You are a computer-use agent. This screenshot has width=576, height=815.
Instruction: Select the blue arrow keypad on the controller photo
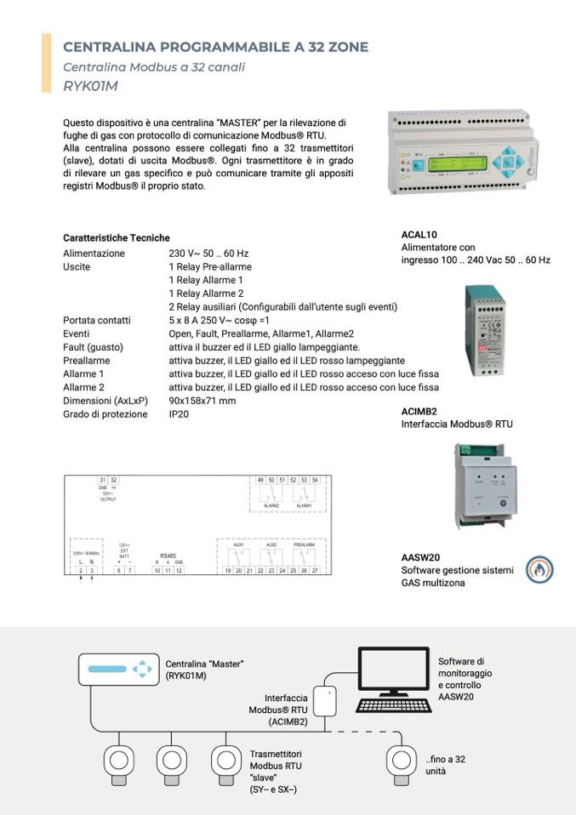(x=507, y=159)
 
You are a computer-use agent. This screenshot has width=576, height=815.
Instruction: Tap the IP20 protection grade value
(x=179, y=414)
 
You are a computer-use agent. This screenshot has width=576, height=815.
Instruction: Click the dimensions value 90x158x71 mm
(x=202, y=401)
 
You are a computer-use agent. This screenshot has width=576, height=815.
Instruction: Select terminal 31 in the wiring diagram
(x=103, y=481)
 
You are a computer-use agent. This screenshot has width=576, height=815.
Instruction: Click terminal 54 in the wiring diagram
(x=315, y=481)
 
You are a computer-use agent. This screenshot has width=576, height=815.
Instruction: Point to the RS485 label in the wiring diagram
(x=168, y=556)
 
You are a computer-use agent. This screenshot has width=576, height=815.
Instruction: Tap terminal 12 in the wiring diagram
(x=179, y=570)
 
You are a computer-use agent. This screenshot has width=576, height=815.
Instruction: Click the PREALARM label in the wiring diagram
(x=305, y=544)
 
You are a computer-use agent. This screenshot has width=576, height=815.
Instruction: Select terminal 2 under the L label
(x=80, y=570)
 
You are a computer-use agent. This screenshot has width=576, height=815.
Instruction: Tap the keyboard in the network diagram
(x=394, y=706)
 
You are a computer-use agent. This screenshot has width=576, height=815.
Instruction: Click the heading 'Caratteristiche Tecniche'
(x=117, y=238)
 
